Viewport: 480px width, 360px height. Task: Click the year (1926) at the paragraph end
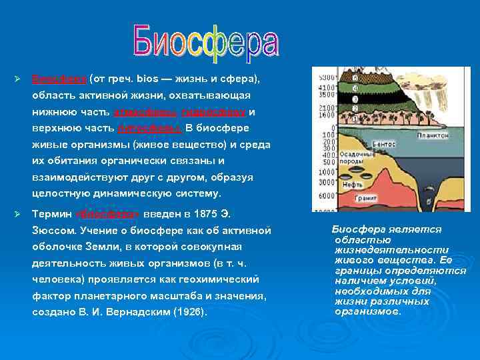pos(190,311)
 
